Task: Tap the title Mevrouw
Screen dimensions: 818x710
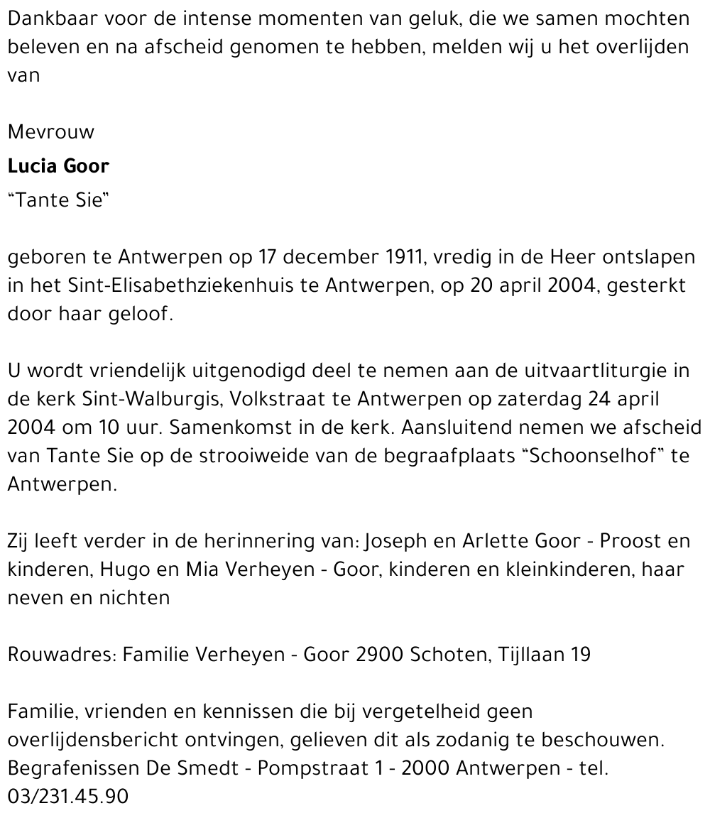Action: click(50, 132)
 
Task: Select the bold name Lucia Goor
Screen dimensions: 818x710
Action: click(58, 166)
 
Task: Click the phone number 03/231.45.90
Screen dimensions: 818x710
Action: click(68, 797)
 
